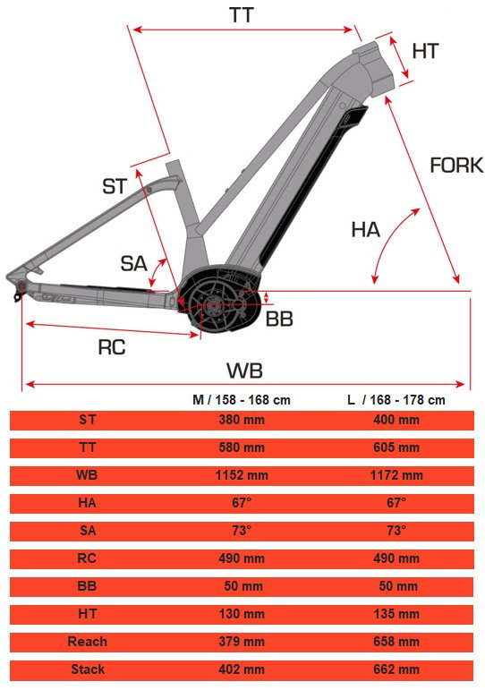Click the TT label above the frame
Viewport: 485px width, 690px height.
pos(242,15)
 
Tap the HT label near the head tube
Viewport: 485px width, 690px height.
pos(426,51)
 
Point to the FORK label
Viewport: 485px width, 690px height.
pos(456,166)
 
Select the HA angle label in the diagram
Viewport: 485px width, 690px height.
pos(365,230)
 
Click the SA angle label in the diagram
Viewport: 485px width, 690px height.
pos(134,264)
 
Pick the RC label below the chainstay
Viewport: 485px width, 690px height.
pos(112,347)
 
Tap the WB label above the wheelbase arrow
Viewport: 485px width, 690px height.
pos(244,371)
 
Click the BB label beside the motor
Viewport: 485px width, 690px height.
pos(279,319)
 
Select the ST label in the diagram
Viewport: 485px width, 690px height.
pos(115,186)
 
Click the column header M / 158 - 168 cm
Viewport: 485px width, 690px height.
pos(242,399)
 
